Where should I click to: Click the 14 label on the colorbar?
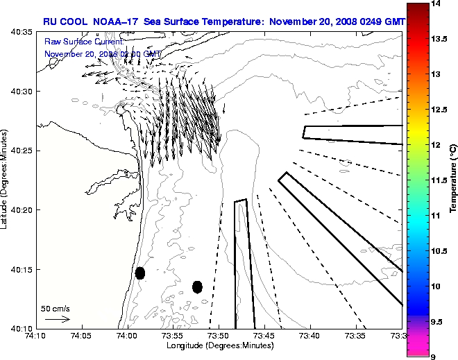tap(436, 4)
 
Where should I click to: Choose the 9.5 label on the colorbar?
tap(437, 321)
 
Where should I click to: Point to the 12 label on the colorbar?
tap(436, 145)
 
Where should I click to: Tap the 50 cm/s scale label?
tap(56, 308)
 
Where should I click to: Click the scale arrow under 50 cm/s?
tap(57, 319)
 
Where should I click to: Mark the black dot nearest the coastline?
tap(140, 273)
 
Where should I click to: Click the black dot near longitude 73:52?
tap(197, 286)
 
